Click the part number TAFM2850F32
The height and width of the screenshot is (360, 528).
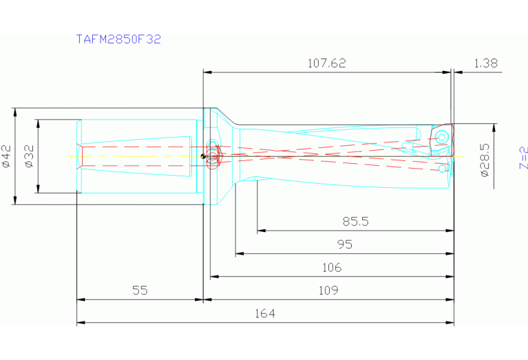click(118, 39)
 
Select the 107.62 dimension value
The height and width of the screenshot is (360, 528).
click(326, 63)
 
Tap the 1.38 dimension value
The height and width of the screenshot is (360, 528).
click(485, 63)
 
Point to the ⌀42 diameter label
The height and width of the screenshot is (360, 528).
click(7, 156)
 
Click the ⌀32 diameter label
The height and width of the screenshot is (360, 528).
click(29, 156)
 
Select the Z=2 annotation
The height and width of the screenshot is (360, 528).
click(522, 158)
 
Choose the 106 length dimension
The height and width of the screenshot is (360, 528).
click(331, 267)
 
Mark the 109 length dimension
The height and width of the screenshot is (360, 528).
click(328, 290)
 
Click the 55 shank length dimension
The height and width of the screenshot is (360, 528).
click(140, 290)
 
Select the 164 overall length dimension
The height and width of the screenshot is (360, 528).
click(264, 313)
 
